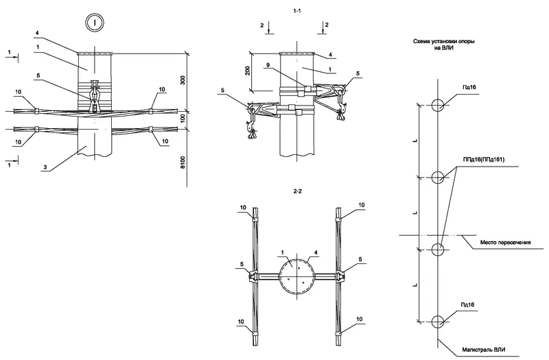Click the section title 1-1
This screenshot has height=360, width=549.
click(297, 12)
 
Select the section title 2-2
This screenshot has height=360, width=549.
click(297, 192)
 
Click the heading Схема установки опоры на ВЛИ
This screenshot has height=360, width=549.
click(443, 45)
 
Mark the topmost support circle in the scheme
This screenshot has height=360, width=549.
click(437, 106)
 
